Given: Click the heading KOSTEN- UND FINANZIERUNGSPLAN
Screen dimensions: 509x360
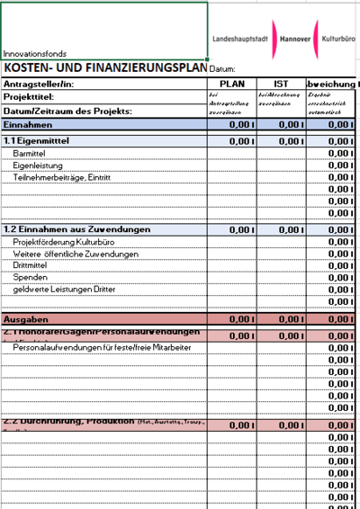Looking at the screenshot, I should click(x=104, y=67).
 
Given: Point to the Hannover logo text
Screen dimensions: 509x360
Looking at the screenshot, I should click(x=294, y=40).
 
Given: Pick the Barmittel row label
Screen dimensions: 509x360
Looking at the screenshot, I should click(x=31, y=155).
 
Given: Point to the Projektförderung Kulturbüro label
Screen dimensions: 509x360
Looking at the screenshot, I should click(x=65, y=242).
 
